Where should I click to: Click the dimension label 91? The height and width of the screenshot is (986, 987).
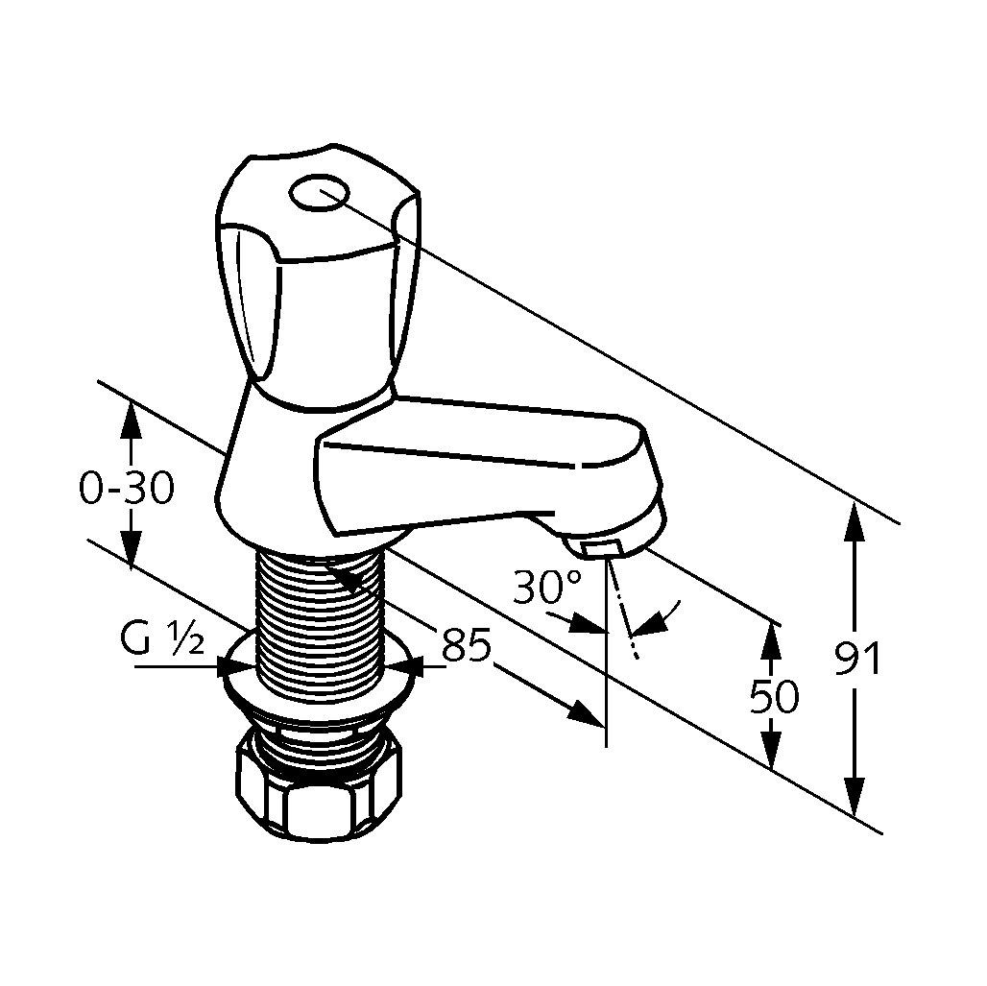(856, 658)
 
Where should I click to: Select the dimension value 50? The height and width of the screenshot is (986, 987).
(774, 696)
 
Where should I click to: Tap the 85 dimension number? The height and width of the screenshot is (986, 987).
(466, 644)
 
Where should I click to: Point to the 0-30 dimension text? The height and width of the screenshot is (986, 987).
(127, 488)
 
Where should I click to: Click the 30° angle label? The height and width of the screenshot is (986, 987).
(546, 587)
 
